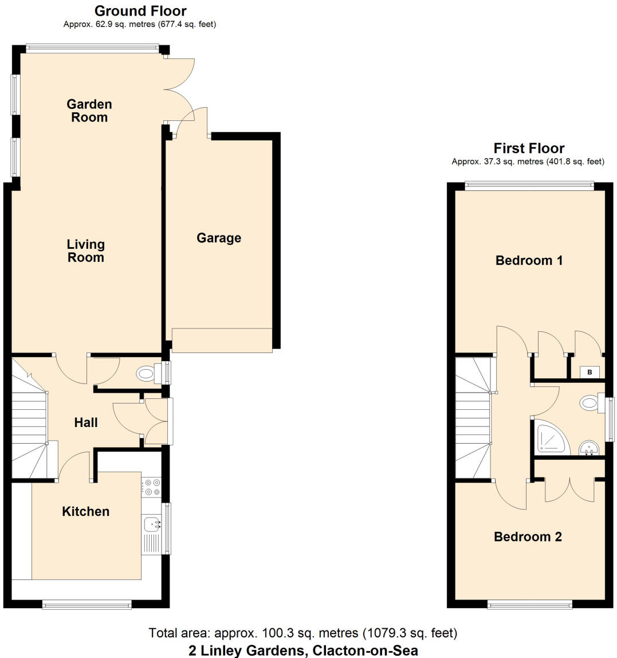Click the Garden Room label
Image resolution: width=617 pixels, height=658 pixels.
(89, 111)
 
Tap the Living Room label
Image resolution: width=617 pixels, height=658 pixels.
(86, 251)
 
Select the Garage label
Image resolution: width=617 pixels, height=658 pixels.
(219, 238)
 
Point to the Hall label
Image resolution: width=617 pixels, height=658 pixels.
(86, 422)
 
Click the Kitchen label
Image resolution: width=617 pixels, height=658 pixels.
(85, 511)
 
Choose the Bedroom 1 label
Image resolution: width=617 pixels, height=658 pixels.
(529, 260)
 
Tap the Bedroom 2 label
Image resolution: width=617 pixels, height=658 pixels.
(528, 536)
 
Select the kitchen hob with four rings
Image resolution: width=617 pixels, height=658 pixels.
(152, 487)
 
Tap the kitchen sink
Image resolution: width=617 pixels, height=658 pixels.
(152, 523)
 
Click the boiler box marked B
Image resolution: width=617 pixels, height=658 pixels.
(590, 373)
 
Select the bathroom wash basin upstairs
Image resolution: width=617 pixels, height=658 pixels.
(588, 448)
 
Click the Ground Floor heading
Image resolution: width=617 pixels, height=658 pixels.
(140, 11)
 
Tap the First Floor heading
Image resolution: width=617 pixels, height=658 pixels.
(529, 148)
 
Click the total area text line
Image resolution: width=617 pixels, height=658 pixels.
(303, 633)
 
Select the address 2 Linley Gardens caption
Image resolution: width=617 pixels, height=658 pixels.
(303, 651)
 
